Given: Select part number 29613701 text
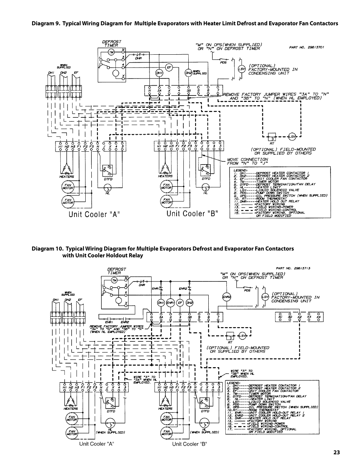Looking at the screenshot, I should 304,48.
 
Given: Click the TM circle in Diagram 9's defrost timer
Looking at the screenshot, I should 111,52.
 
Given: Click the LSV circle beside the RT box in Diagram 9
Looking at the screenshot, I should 292,137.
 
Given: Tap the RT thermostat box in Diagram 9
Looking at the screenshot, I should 272,137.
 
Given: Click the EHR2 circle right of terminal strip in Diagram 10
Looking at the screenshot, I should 227,297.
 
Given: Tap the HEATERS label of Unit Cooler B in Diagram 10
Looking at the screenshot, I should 165,408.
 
